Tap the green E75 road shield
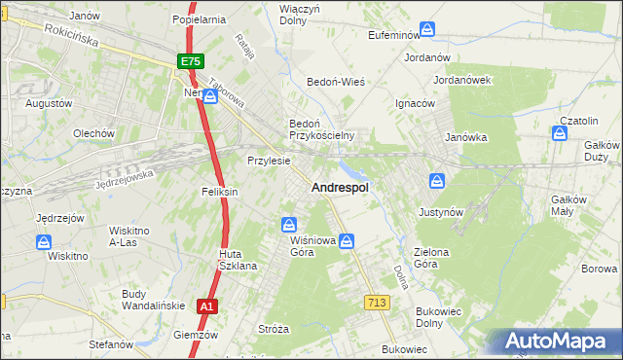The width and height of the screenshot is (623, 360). (x=191, y=60)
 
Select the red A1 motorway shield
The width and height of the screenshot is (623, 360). (x=205, y=306)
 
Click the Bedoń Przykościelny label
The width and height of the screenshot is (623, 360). (x=320, y=129)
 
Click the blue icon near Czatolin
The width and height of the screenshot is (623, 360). (x=562, y=133)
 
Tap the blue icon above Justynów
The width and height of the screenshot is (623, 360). (x=438, y=181)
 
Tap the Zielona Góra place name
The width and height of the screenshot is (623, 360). (x=431, y=258)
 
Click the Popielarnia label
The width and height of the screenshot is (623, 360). (x=199, y=18)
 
